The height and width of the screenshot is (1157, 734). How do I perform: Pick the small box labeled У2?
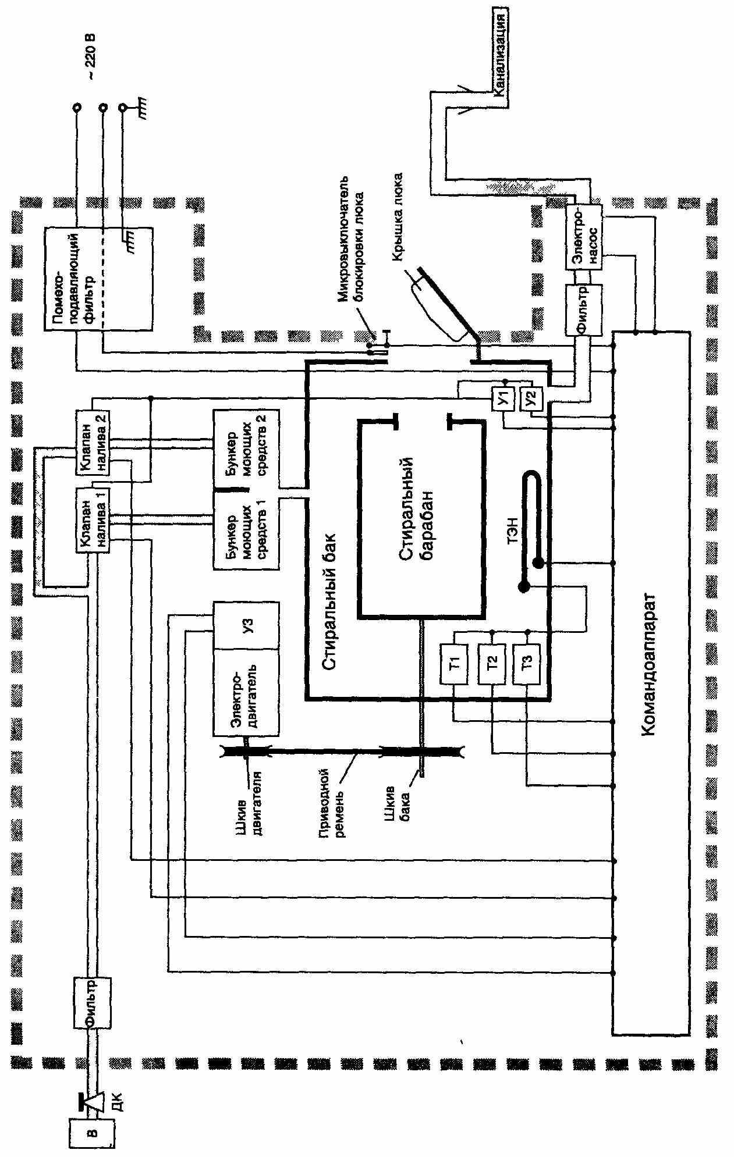tap(530, 398)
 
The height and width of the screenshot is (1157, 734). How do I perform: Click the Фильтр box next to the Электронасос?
tap(584, 309)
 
